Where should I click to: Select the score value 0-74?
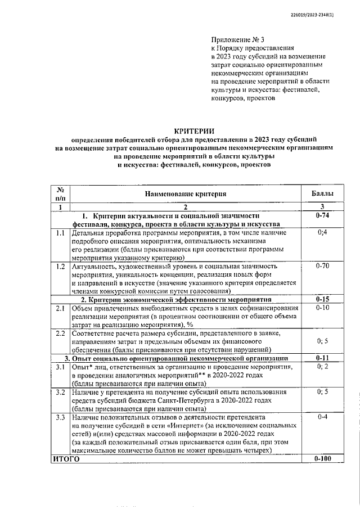[322, 216]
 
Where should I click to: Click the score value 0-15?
[322, 299]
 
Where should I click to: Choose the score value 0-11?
[322, 358]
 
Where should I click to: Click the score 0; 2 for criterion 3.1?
[323, 367]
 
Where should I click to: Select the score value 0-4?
[322, 417]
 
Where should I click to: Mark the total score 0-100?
[322, 459]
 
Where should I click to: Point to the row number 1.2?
[60, 265]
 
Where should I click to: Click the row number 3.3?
[60, 417]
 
